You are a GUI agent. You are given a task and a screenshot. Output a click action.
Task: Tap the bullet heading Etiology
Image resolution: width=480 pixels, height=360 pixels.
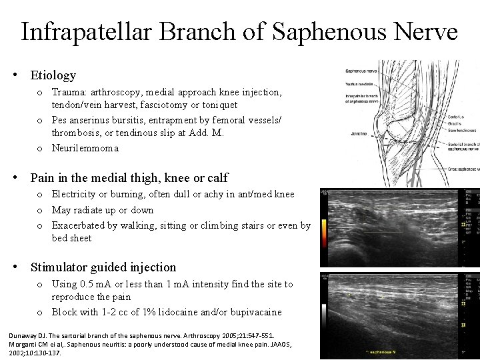[53, 75]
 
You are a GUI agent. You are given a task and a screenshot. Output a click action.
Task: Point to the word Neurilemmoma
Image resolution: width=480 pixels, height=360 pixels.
[85, 148]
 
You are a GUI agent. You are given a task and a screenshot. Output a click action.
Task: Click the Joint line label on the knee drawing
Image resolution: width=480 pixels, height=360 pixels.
[360, 133]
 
